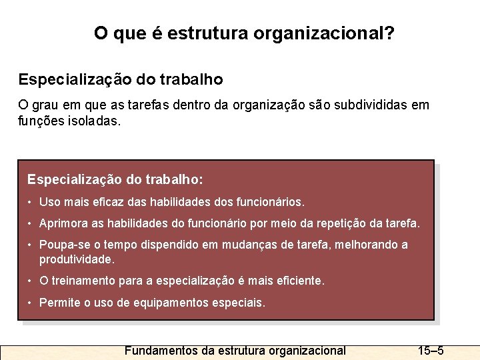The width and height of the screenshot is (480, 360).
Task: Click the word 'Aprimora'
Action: (61, 223)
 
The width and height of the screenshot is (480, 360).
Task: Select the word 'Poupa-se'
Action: (62, 245)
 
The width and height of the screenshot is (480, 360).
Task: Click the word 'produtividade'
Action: (76, 259)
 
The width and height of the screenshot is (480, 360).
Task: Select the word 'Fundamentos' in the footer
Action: (161, 351)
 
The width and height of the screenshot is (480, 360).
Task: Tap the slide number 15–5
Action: (431, 351)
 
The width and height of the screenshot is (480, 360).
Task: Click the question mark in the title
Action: (389, 33)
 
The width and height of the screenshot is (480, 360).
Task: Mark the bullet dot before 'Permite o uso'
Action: (30, 303)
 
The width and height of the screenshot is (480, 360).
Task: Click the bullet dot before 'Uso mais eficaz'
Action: (30, 201)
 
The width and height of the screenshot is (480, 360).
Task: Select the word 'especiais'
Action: (242, 303)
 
